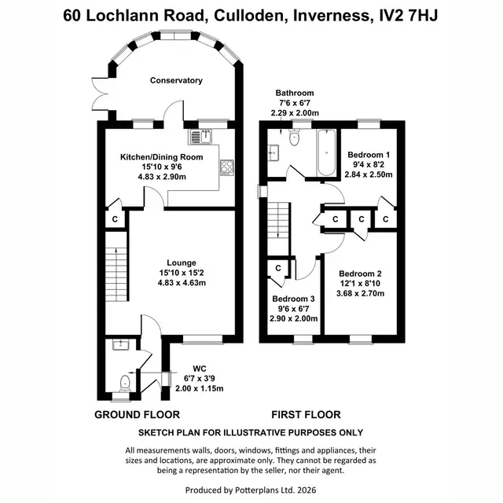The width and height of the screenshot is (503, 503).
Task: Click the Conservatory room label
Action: point(176,80)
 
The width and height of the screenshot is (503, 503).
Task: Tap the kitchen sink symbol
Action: point(200,137)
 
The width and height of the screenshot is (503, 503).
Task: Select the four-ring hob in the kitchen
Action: point(227,167)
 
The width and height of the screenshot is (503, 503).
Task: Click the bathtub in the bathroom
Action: point(326,152)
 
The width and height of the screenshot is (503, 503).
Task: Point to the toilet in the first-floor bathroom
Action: point(294,138)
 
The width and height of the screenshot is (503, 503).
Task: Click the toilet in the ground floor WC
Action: point(125,383)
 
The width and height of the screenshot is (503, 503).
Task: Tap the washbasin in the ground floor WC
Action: point(120,345)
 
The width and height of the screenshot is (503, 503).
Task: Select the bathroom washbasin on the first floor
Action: point(274,152)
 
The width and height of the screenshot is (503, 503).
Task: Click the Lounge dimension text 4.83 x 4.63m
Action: point(182,283)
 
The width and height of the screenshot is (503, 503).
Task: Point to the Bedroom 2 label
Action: point(360,274)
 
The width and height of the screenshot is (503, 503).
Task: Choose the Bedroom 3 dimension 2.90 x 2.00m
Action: point(293,318)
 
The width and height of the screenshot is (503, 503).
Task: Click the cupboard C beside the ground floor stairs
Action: point(116,219)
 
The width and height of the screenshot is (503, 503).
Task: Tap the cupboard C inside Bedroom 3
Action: point(278,268)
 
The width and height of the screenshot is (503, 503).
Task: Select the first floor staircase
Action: point(278,229)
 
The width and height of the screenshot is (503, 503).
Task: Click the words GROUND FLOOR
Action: point(137,414)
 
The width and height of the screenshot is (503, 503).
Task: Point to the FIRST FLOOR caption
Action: point(306,414)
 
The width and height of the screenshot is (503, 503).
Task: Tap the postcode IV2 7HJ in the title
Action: point(408,16)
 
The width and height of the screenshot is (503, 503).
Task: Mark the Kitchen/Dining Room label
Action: point(162,157)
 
